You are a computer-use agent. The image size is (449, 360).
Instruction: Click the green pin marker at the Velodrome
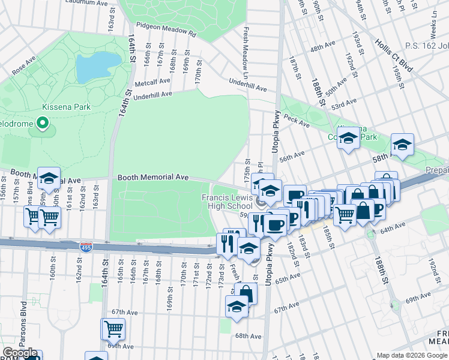42,124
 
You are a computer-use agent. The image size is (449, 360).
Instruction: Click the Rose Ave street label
24,65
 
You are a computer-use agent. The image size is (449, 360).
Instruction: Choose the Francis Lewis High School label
229,202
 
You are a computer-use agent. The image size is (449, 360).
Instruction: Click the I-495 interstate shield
85,247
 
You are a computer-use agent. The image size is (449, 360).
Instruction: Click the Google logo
20,353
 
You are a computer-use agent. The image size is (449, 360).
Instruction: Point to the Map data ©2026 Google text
411,355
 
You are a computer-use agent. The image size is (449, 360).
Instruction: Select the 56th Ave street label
292,157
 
